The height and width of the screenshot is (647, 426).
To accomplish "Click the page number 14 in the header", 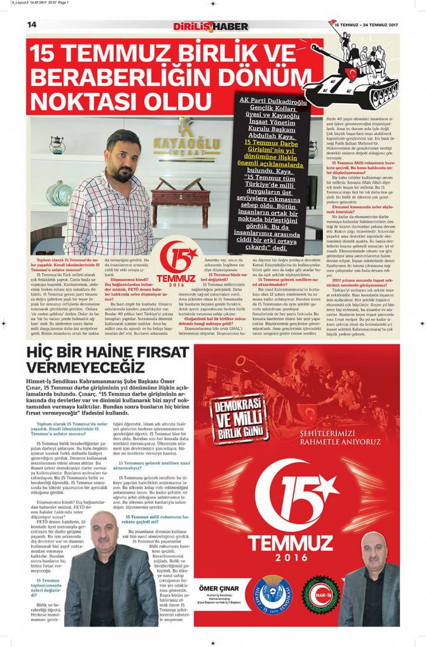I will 31,24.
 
